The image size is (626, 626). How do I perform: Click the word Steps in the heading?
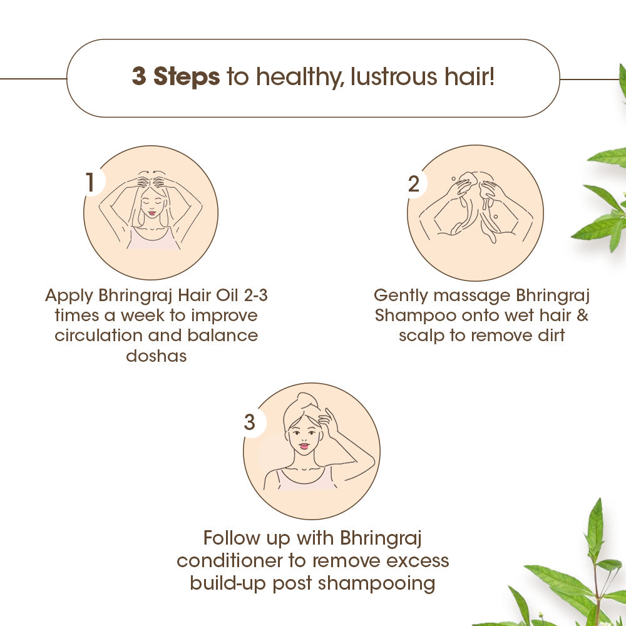tap(187, 76)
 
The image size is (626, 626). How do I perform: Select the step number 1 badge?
tap(91, 182)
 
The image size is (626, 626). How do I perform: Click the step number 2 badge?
tap(414, 184)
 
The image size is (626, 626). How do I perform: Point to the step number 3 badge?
tap(250, 423)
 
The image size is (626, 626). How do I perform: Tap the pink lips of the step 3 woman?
tap(304, 446)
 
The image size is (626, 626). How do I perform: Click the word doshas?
tap(156, 356)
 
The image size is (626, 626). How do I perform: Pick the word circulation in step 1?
tap(100, 335)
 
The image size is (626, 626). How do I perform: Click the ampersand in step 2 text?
tap(582, 315)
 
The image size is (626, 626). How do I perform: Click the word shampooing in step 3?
tap(376, 583)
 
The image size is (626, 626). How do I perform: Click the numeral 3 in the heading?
tap(139, 76)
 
